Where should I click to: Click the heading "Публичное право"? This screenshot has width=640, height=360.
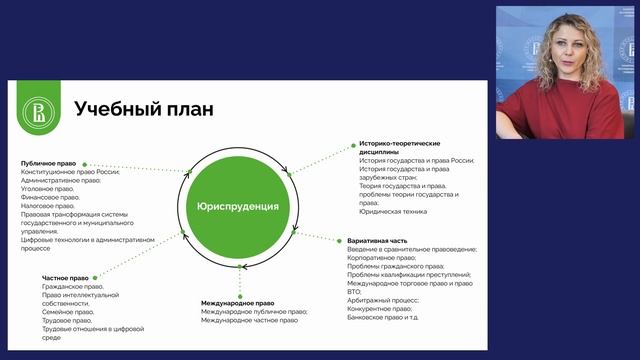[x=49, y=163]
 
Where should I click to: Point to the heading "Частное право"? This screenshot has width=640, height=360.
[x=67, y=277]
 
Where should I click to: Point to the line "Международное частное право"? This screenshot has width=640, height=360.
[x=248, y=320]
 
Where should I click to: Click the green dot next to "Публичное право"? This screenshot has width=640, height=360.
[x=85, y=163]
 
